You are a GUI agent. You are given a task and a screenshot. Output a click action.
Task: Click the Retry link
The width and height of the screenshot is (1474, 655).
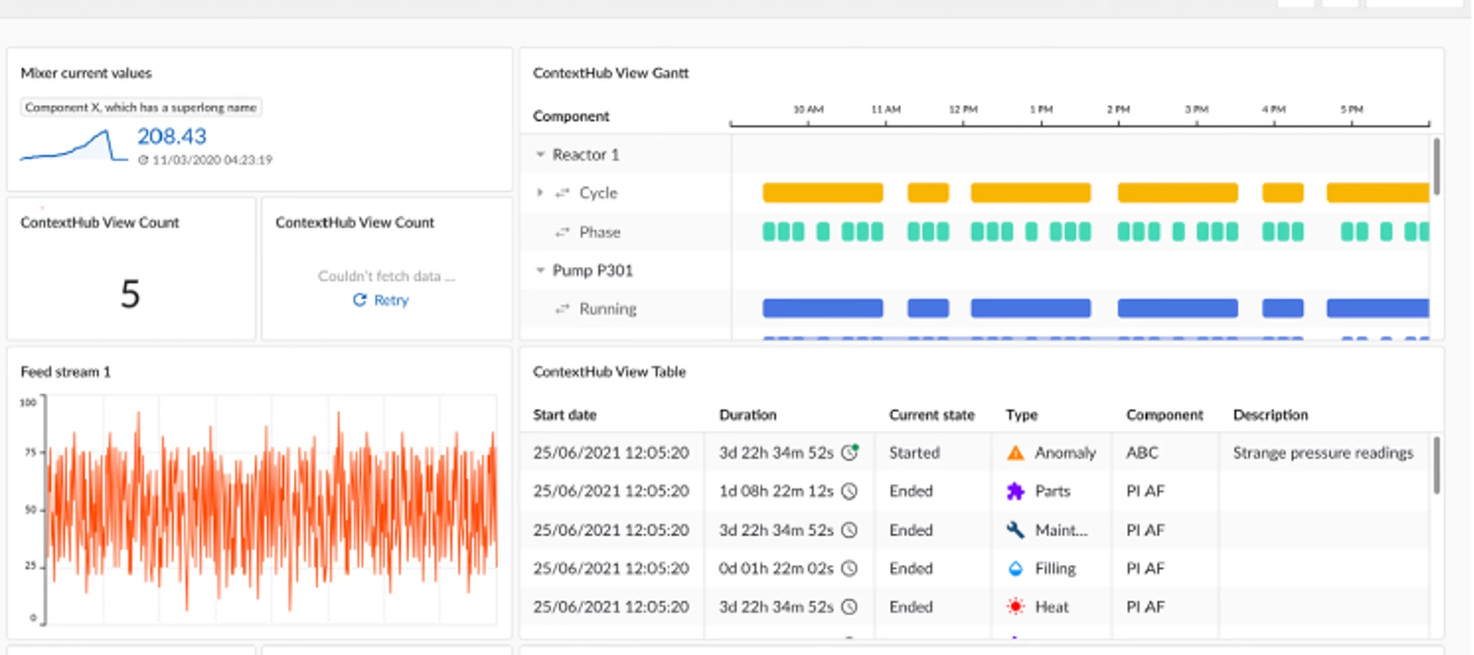pos(382,300)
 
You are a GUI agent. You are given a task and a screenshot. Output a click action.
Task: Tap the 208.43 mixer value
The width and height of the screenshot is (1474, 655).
pos(171,136)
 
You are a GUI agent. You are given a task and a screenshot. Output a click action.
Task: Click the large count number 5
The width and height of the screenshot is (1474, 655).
pos(130,294)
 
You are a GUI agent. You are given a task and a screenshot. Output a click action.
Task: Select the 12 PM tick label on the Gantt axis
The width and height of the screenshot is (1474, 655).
pos(963,110)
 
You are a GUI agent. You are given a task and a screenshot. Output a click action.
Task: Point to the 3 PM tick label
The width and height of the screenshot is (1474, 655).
pos(1196,110)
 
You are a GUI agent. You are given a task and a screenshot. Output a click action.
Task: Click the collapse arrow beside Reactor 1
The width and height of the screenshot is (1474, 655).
pos(540,154)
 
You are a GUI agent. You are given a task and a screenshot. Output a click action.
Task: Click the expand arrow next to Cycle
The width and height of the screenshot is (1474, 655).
pos(540,192)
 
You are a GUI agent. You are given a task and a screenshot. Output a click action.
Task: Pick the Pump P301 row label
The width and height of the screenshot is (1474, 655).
pos(592,271)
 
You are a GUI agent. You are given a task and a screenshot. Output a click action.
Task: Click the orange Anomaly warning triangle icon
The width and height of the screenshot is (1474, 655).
pos(1015,453)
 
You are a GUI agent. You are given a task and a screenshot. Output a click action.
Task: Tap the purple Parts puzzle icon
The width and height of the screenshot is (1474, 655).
pos(1015,491)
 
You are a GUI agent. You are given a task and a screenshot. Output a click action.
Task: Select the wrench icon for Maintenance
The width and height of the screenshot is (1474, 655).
pos(1015,530)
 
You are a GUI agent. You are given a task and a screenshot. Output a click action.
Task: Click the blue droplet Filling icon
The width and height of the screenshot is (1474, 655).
pos(1015,568)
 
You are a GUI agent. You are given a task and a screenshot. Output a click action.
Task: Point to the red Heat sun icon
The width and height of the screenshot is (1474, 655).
pos(1015,607)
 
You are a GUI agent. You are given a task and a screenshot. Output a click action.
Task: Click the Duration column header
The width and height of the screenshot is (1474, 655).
pos(747,415)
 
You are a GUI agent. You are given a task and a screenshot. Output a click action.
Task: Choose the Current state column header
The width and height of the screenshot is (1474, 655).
pos(931,415)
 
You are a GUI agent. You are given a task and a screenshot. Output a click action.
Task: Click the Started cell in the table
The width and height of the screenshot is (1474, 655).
pos(914,453)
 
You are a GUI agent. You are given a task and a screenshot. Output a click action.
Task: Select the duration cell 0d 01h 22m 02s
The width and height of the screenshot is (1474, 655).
pos(775,568)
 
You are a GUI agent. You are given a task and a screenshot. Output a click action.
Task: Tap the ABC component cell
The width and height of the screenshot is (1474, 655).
pos(1142,453)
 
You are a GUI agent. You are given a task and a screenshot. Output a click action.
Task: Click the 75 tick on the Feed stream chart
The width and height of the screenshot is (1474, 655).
pos(30,452)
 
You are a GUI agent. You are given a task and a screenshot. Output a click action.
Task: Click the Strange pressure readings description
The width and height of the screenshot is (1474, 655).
pos(1322,453)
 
